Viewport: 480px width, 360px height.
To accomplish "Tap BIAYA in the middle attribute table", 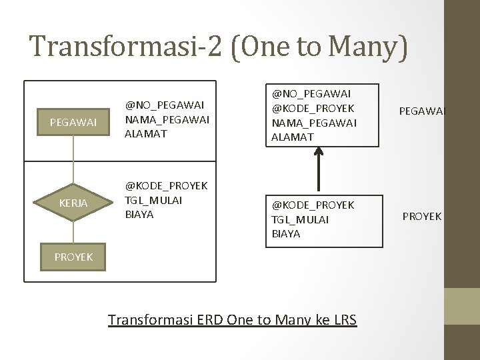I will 139,214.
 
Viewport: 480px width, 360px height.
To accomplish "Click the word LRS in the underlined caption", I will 345,321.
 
